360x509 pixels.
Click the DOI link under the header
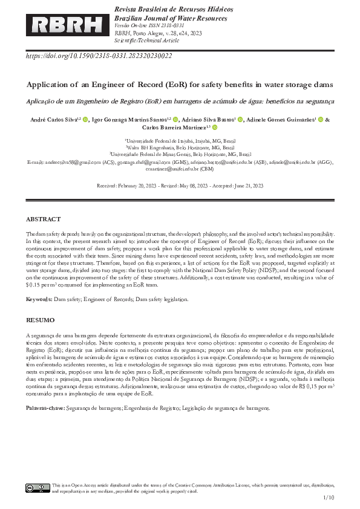99,56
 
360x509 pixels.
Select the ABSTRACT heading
43,219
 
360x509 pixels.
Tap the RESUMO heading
40,319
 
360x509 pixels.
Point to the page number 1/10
329,498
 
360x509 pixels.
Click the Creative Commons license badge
38,488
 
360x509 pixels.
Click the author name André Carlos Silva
53,120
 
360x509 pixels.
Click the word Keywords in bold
39,299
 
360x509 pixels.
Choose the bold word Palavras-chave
45,409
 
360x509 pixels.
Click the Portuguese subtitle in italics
180,101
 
